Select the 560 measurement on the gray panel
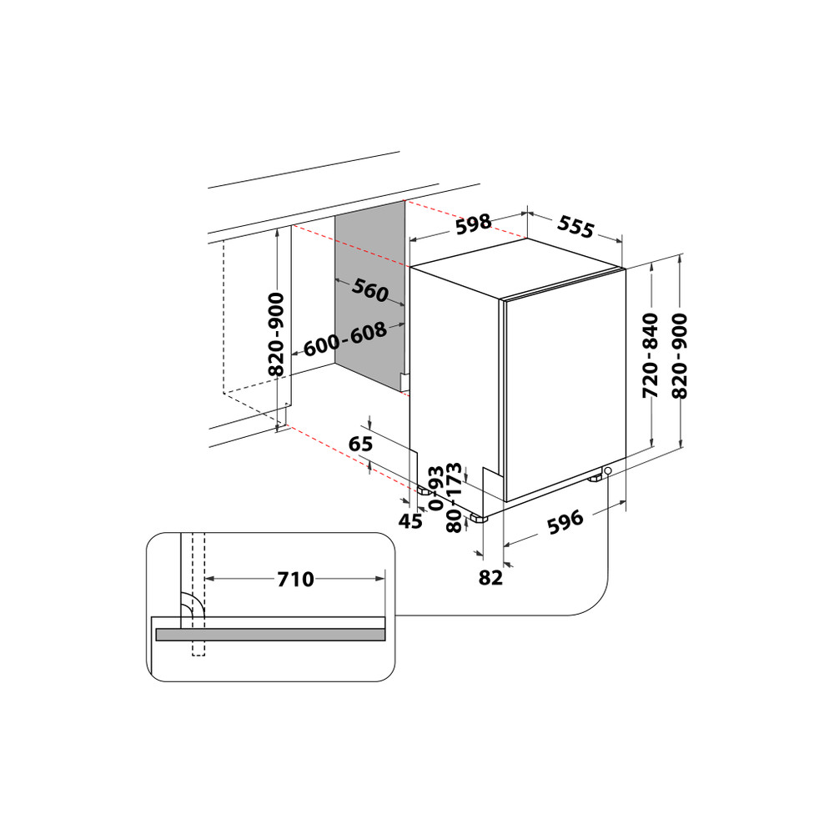coord(369,291)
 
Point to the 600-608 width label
coord(344,339)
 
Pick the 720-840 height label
coord(651,354)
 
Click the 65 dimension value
coord(360,445)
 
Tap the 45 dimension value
coord(410,522)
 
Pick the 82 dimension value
coord(492,577)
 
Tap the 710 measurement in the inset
coord(295,578)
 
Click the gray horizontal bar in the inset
coord(270,635)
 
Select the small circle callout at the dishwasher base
coord(608,471)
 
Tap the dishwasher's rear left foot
coord(425,491)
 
